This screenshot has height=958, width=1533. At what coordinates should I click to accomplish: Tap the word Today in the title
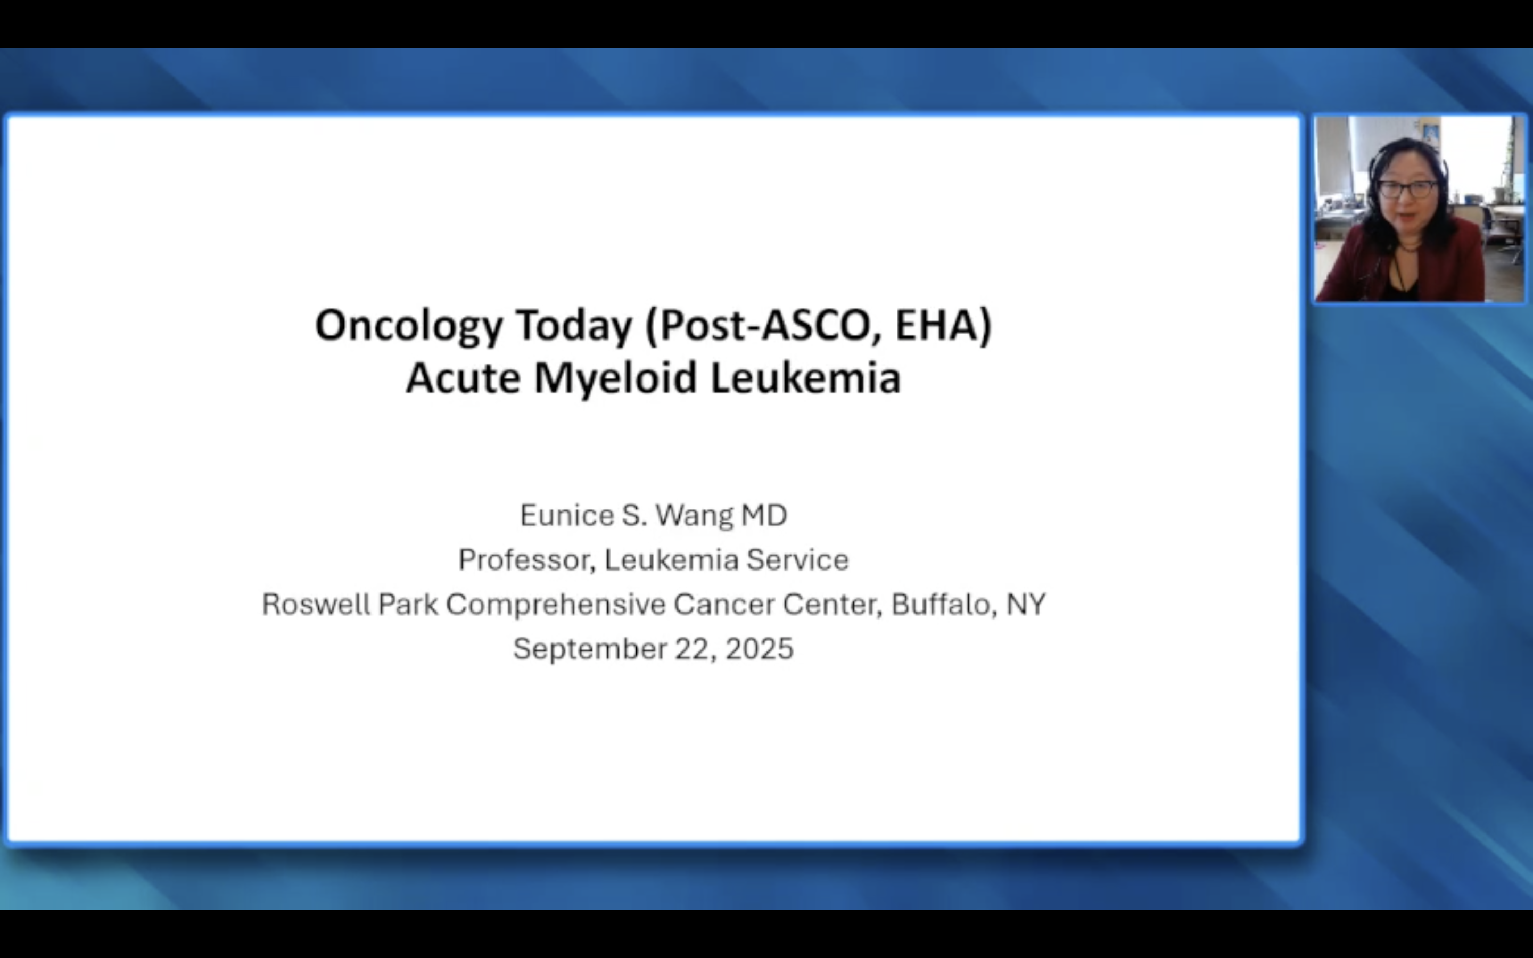(x=574, y=326)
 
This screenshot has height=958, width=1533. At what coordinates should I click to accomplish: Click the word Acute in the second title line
(x=463, y=378)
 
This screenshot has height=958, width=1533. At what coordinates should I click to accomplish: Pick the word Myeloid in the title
(x=615, y=379)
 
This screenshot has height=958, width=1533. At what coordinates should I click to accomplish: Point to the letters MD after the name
(x=764, y=515)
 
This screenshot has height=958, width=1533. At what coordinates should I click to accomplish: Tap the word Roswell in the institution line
(x=316, y=604)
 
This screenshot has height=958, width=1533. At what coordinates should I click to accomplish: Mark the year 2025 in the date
(x=759, y=649)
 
